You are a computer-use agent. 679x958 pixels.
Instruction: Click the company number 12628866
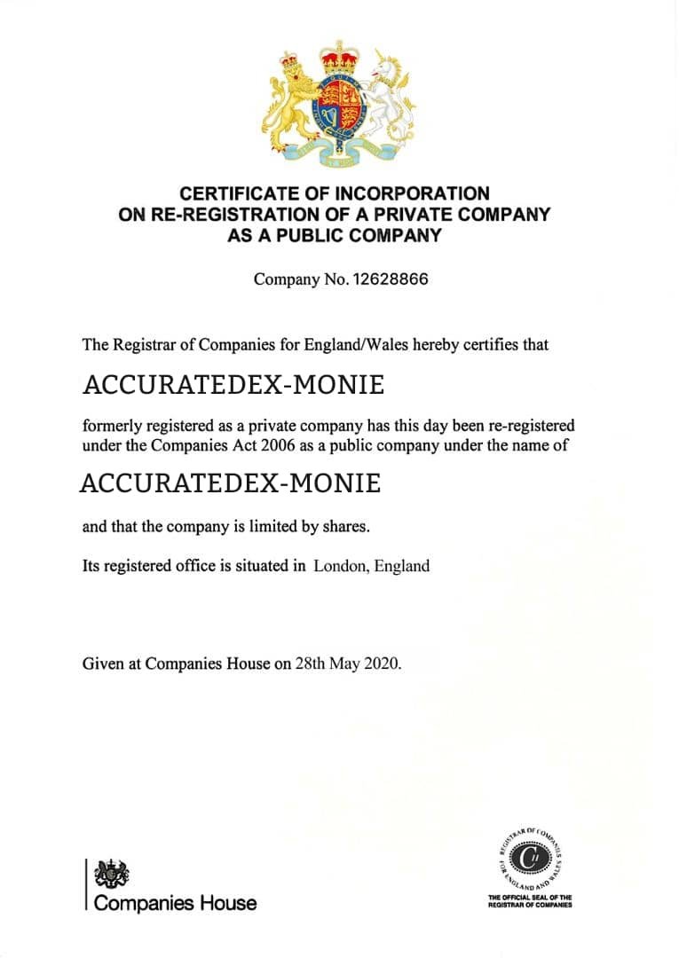click(391, 279)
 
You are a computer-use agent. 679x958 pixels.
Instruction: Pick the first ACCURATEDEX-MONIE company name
click(233, 386)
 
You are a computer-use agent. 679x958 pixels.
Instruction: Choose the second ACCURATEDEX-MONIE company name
click(231, 484)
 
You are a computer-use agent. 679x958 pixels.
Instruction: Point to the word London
click(340, 566)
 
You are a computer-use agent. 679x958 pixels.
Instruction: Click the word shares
click(343, 527)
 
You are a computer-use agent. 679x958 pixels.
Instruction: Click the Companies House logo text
click(175, 903)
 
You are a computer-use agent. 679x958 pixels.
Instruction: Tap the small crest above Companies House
click(111, 873)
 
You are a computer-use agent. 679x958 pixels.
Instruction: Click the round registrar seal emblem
click(530, 857)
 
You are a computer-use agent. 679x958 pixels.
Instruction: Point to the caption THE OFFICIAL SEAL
click(530, 898)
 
